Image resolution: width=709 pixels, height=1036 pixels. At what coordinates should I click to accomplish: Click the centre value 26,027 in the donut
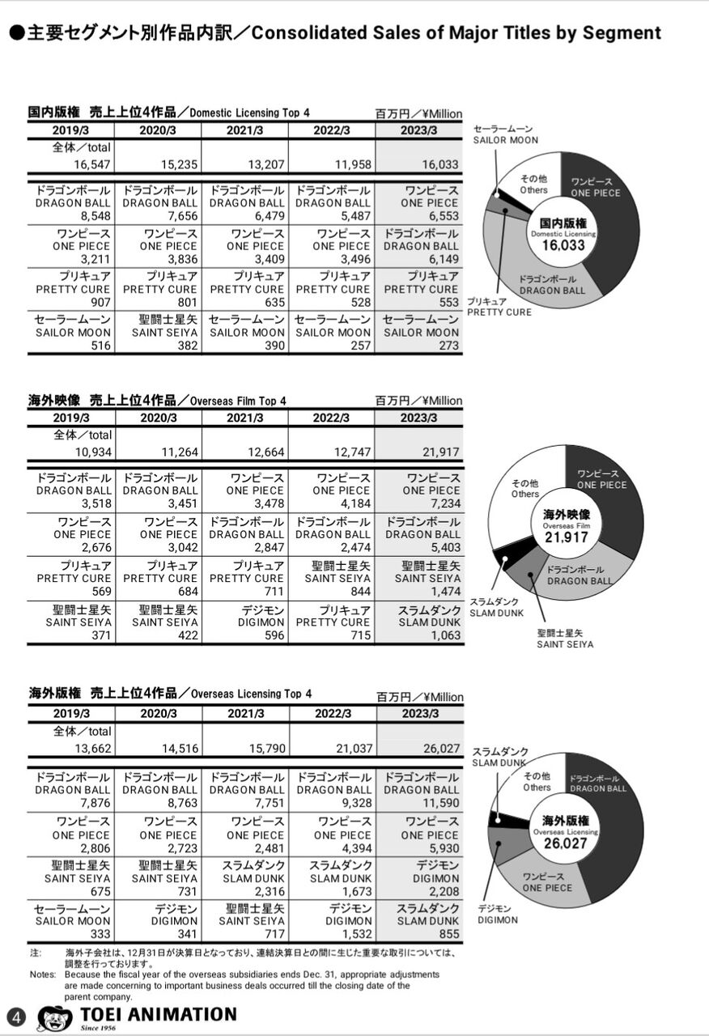565,843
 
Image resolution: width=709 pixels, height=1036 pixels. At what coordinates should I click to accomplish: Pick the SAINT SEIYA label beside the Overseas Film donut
565,644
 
